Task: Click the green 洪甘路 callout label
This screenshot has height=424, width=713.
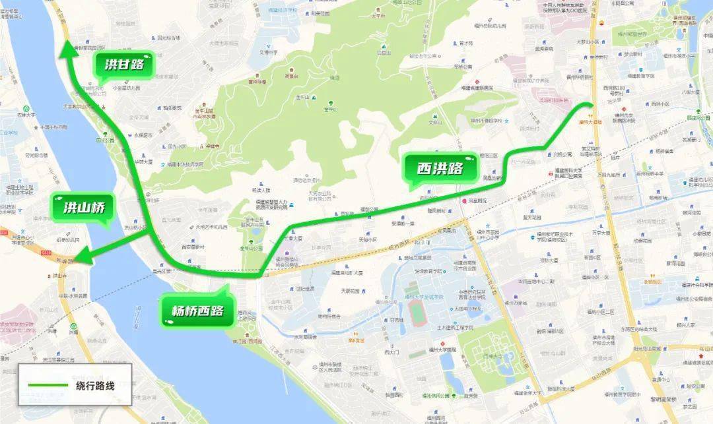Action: click(x=123, y=65)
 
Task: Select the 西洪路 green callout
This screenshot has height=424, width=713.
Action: click(x=439, y=168)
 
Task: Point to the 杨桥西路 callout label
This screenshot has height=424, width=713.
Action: click(x=197, y=311)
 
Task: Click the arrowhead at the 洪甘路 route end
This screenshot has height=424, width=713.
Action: click(x=66, y=47)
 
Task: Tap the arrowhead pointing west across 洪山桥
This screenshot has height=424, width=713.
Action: click(x=79, y=258)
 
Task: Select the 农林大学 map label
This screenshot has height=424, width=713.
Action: click(x=32, y=115)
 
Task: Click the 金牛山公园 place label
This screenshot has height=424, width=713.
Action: click(x=251, y=249)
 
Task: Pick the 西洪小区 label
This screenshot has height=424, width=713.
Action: click(x=660, y=104)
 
